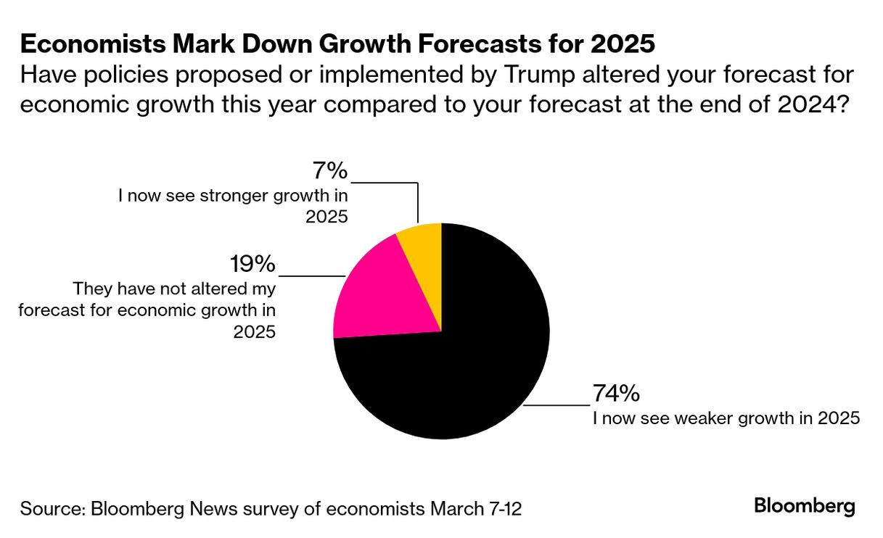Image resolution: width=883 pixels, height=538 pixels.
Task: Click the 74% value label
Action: coord(616,394)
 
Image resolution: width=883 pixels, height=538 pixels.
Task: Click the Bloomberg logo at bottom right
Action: coord(805,505)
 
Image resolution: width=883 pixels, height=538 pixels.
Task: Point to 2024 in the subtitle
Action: coord(808,103)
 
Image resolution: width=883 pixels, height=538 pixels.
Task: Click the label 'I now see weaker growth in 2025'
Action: coord(726,418)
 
